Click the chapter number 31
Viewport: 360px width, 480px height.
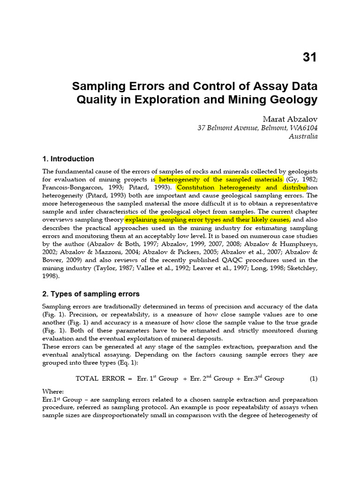[309, 57]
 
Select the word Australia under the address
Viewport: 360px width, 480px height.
[303, 136]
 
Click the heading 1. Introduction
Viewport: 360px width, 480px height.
[68, 159]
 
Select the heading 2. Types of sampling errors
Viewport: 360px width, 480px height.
[91, 294]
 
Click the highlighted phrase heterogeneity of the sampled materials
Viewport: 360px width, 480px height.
[221, 180]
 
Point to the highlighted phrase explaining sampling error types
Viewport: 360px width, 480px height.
[208, 219]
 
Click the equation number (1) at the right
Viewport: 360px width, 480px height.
[313, 378]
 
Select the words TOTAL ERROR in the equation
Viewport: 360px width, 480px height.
[100, 379]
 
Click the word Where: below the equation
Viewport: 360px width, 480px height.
[53, 391]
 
